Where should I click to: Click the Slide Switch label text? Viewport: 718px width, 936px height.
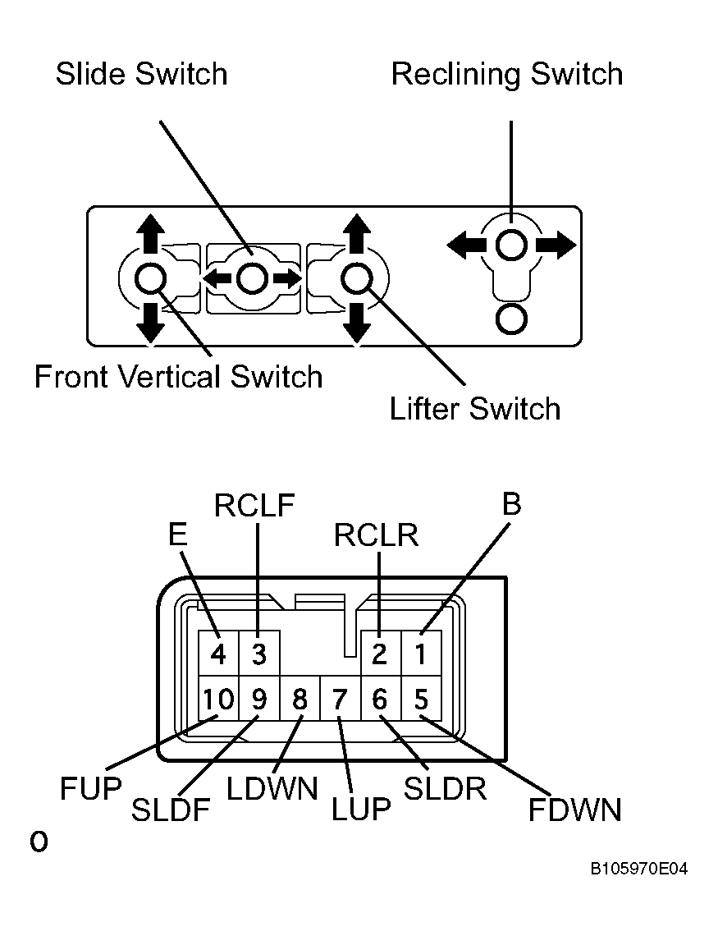pyautogui.click(x=141, y=74)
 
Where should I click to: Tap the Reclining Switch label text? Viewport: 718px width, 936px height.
pyautogui.click(x=507, y=75)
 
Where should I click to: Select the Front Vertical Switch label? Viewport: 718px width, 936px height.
pyautogui.click(x=178, y=377)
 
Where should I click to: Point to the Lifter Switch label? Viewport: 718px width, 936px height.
pyautogui.click(x=474, y=409)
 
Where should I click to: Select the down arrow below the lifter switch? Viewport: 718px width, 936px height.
pyautogui.click(x=357, y=323)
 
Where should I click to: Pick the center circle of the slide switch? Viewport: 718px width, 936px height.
pyautogui.click(x=251, y=278)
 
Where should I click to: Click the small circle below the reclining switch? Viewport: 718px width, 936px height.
pyautogui.click(x=511, y=319)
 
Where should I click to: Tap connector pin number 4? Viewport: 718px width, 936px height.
pyautogui.click(x=218, y=654)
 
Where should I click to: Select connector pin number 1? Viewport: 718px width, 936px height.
pyautogui.click(x=420, y=654)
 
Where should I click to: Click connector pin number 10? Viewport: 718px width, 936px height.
pyautogui.click(x=218, y=699)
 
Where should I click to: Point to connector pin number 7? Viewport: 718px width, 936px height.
pyautogui.click(x=340, y=699)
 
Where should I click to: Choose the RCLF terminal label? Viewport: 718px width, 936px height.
pyautogui.click(x=254, y=506)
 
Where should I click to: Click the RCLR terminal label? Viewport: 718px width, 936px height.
pyautogui.click(x=376, y=535)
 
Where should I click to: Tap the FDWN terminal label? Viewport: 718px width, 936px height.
pyautogui.click(x=575, y=810)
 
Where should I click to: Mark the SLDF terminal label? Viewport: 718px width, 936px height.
pyautogui.click(x=171, y=810)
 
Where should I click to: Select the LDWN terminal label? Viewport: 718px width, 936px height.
pyautogui.click(x=272, y=788)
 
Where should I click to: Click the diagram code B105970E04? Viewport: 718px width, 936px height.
pyautogui.click(x=638, y=869)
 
